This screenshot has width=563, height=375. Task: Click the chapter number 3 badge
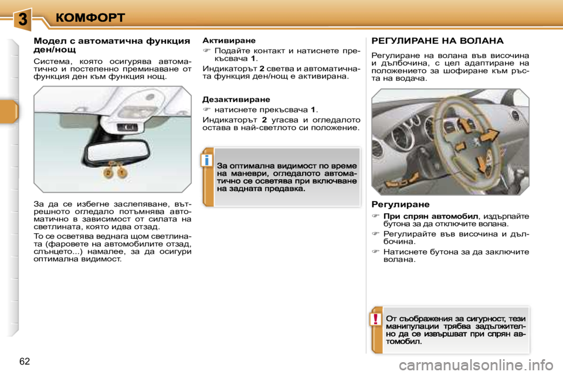pyautogui.click(x=22, y=19)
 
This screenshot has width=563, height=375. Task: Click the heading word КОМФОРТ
pyautogui.click(x=91, y=17)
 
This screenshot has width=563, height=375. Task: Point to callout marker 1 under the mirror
pyautogui.click(x=121, y=173)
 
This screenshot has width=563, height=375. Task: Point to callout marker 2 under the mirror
pyautogui.click(x=108, y=173)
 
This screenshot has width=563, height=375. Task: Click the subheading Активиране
pyautogui.click(x=229, y=41)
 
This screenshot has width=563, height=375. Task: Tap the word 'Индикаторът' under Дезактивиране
pyautogui.click(x=229, y=119)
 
